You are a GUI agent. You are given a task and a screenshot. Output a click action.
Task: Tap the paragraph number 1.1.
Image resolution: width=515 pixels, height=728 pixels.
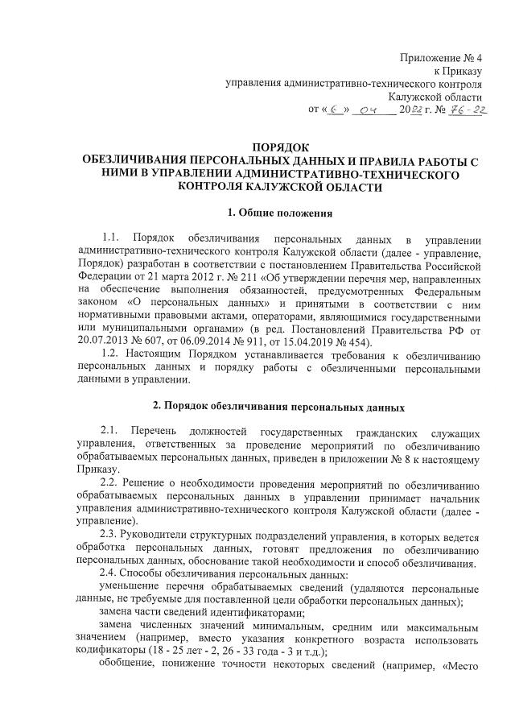click(x=110, y=240)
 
